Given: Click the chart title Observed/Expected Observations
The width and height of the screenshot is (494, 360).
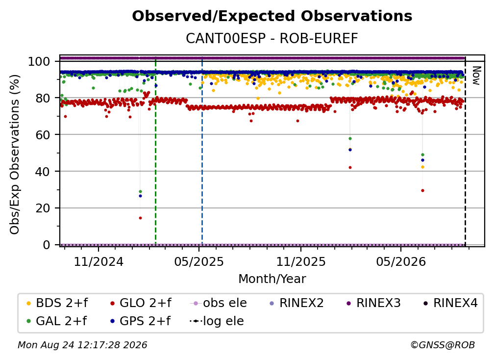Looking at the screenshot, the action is pyautogui.click(x=272, y=16).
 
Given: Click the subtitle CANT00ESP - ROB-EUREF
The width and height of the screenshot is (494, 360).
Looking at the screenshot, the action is pyautogui.click(x=272, y=38).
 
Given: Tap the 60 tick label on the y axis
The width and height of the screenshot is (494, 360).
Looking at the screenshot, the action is pyautogui.click(x=43, y=134).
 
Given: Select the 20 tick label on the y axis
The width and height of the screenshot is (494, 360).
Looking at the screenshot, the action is pyautogui.click(x=43, y=208).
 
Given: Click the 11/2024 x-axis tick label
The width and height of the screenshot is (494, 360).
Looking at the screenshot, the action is pyautogui.click(x=99, y=261).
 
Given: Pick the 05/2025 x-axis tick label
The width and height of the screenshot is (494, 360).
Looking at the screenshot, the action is pyautogui.click(x=199, y=261).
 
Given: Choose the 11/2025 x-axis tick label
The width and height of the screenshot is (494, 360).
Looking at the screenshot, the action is pyautogui.click(x=301, y=261).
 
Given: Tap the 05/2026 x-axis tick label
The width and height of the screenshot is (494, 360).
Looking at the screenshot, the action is pyautogui.click(x=401, y=261).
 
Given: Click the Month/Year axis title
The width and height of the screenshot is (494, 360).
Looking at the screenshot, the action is pyautogui.click(x=272, y=279).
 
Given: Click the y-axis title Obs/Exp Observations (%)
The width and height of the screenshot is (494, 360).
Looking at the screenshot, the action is pyautogui.click(x=15, y=154).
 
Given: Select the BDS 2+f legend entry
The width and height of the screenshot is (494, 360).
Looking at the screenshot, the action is pyautogui.click(x=57, y=303).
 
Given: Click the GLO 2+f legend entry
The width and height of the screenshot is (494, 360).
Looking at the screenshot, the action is pyautogui.click(x=141, y=303).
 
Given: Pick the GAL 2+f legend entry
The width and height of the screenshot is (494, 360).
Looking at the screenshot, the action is pyautogui.click(x=56, y=321).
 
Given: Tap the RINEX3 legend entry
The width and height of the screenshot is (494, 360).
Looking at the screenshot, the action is pyautogui.click(x=373, y=303).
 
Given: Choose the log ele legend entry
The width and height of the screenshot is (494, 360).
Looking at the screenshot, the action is pyautogui.click(x=217, y=321).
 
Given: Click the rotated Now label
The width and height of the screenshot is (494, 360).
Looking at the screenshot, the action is pyautogui.click(x=476, y=76).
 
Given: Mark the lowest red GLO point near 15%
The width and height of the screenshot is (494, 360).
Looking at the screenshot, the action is pyautogui.click(x=140, y=218).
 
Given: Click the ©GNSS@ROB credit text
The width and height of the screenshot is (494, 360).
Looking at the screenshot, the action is pyautogui.click(x=443, y=345).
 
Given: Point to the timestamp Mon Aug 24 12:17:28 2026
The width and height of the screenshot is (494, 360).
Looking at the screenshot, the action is pyautogui.click(x=82, y=345).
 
